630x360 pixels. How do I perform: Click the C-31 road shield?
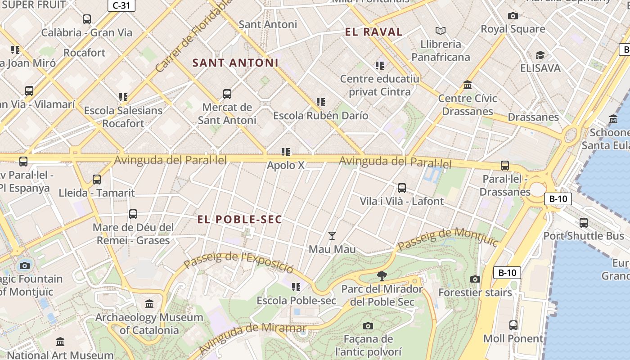(121, 5)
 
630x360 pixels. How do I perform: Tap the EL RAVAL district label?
(373, 32)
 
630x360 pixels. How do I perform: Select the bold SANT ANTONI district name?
(235, 63)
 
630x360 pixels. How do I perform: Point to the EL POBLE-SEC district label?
(240, 220)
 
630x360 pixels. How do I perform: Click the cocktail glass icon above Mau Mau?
(332, 236)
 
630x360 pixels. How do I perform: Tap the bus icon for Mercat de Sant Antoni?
(227, 94)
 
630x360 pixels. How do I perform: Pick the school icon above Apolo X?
(286, 152)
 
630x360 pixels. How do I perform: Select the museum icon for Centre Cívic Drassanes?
(468, 85)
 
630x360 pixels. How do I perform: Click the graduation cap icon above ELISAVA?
(540, 55)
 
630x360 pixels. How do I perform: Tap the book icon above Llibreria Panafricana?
(441, 31)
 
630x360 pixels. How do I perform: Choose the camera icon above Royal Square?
(513, 16)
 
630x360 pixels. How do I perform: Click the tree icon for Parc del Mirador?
(382, 275)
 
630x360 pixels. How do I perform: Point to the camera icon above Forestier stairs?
(475, 279)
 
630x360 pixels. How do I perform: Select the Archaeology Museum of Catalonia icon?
(149, 304)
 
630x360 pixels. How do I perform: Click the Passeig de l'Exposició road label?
(238, 262)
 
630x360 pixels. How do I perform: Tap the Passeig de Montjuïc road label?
(448, 238)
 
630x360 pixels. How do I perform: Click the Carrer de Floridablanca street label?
(193, 36)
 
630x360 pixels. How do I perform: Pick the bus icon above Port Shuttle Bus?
(584, 222)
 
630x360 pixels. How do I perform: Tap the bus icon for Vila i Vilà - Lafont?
(402, 188)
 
